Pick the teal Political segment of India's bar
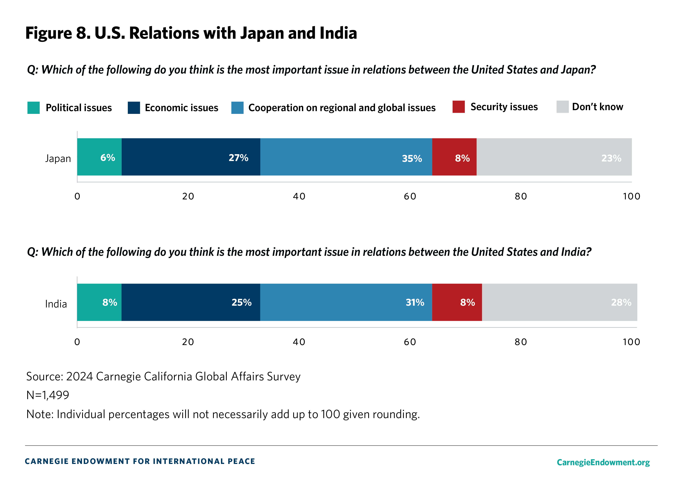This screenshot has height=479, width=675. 99,302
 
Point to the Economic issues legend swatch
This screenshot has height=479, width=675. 134,108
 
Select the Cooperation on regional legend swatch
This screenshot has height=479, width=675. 237,108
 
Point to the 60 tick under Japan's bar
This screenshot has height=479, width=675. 410,196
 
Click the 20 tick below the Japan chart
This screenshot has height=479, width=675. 188,196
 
